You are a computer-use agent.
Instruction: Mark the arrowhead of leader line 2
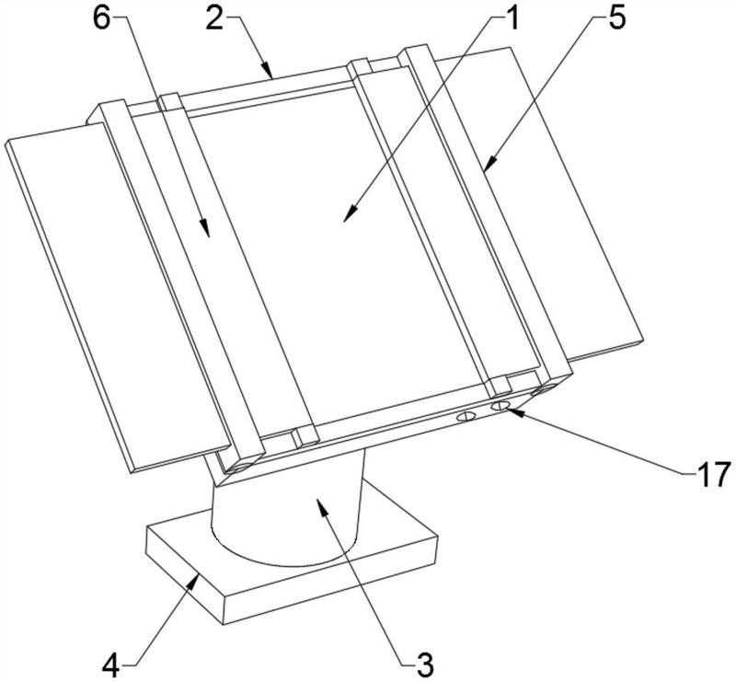point(271,73)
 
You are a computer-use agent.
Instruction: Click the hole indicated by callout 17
point(500,405)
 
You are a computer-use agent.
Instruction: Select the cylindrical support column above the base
point(285,515)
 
